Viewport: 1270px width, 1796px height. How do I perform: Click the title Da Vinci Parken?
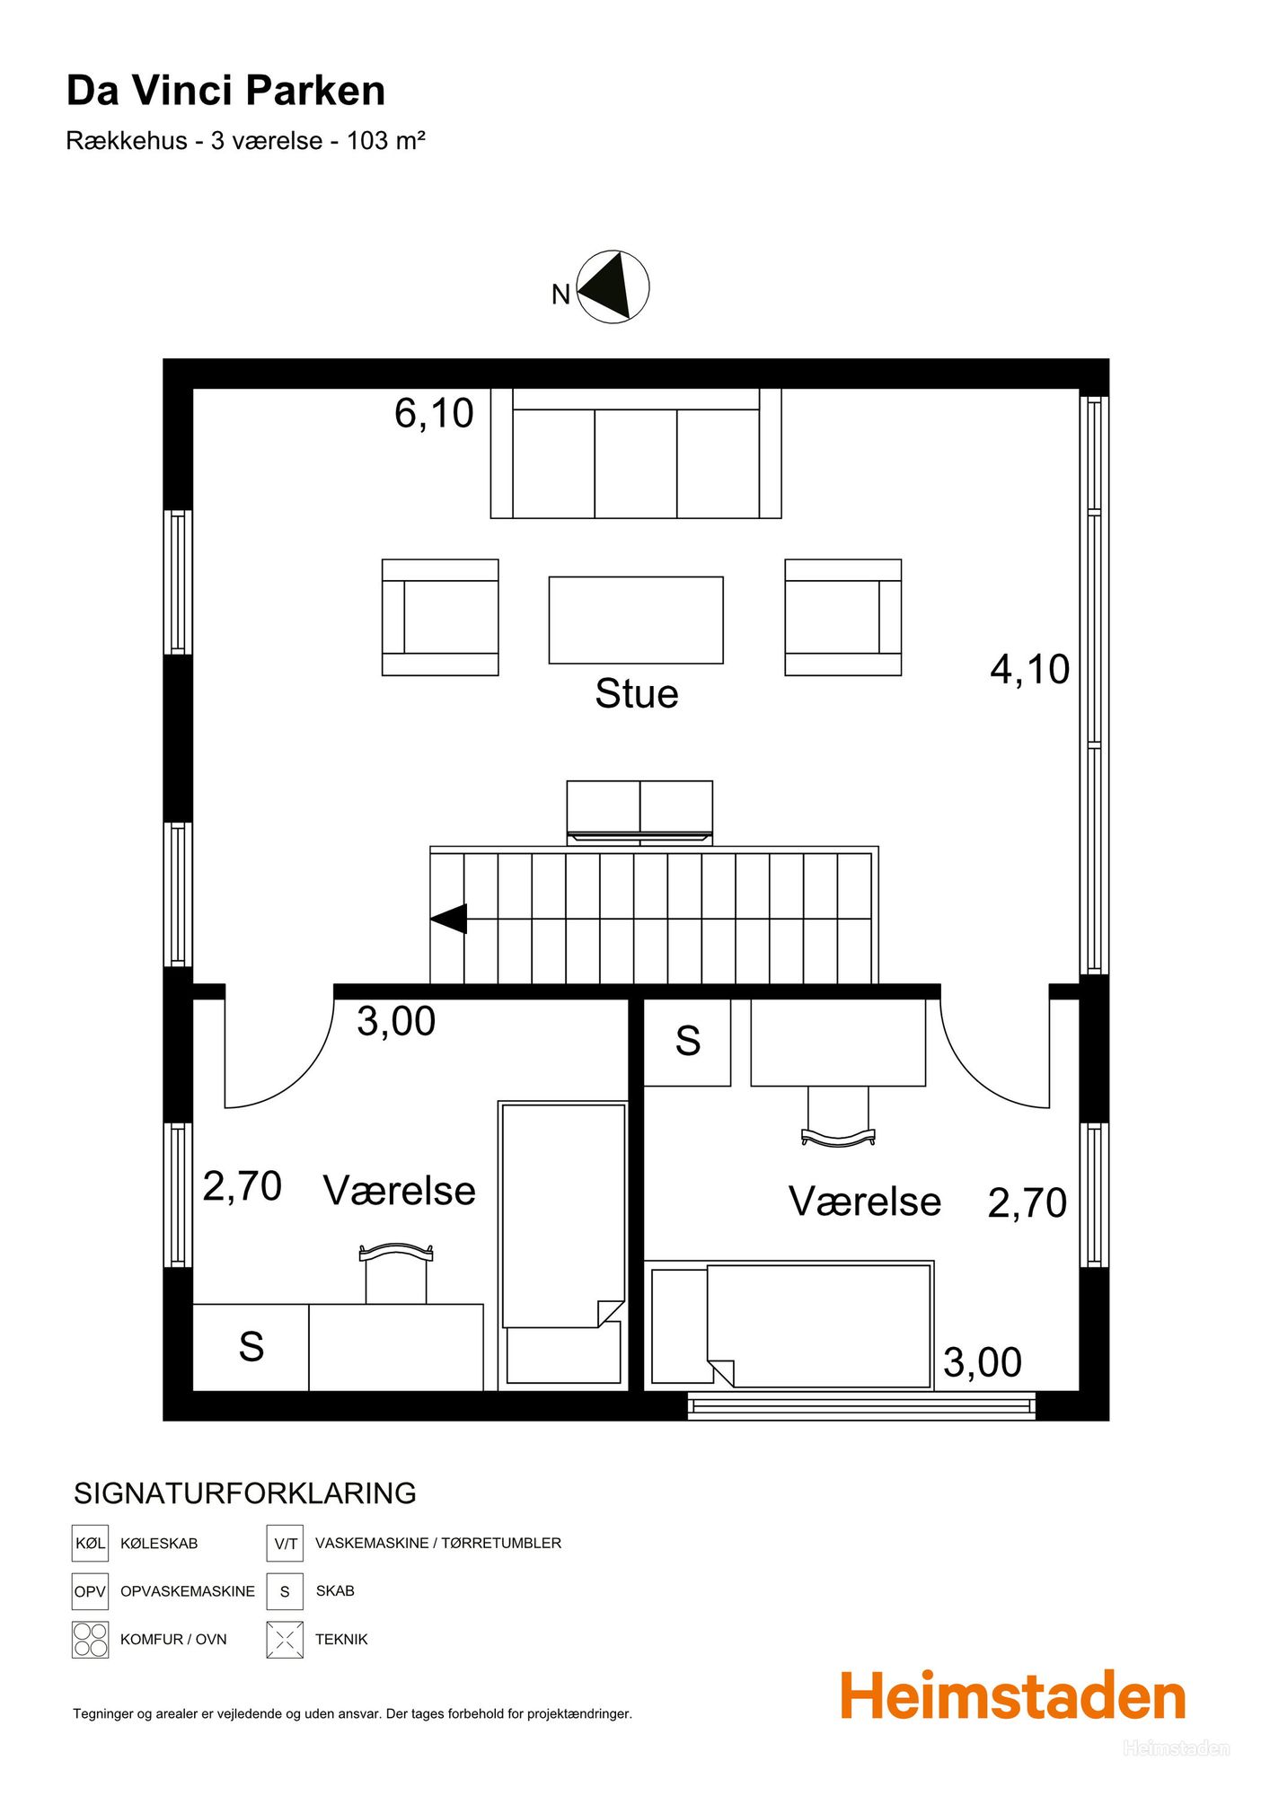pyautogui.click(x=226, y=91)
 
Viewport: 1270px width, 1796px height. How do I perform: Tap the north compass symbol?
pyautogui.click(x=613, y=286)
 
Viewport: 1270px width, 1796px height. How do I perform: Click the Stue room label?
pyautogui.click(x=637, y=694)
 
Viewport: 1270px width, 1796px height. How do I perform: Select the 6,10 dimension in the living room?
pyautogui.click(x=434, y=413)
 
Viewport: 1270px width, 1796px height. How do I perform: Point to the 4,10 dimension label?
pyautogui.click(x=1030, y=669)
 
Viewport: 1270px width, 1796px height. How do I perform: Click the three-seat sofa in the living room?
pyautogui.click(x=636, y=453)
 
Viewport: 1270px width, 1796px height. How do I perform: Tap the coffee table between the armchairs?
pyautogui.click(x=636, y=621)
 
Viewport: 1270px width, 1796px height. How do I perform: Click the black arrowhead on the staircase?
pyautogui.click(x=449, y=919)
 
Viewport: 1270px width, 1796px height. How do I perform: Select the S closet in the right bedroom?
pyautogui.click(x=687, y=1043)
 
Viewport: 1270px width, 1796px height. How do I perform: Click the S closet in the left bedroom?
pyautogui.click(x=251, y=1347)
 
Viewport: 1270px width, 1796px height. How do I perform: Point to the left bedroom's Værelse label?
pyautogui.click(x=400, y=1191)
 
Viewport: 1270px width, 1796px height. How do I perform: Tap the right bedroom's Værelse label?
pyautogui.click(x=865, y=1202)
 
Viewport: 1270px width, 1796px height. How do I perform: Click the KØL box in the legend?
pyautogui.click(x=90, y=1543)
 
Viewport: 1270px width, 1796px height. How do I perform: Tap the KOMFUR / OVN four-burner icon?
pyautogui.click(x=90, y=1639)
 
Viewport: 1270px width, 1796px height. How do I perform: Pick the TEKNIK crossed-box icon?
pyautogui.click(x=285, y=1639)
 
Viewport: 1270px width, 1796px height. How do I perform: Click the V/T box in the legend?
pyautogui.click(x=285, y=1543)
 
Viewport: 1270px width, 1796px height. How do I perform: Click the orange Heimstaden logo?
pyautogui.click(x=1013, y=1696)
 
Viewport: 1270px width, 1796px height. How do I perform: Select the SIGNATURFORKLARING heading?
pyautogui.click(x=245, y=1493)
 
